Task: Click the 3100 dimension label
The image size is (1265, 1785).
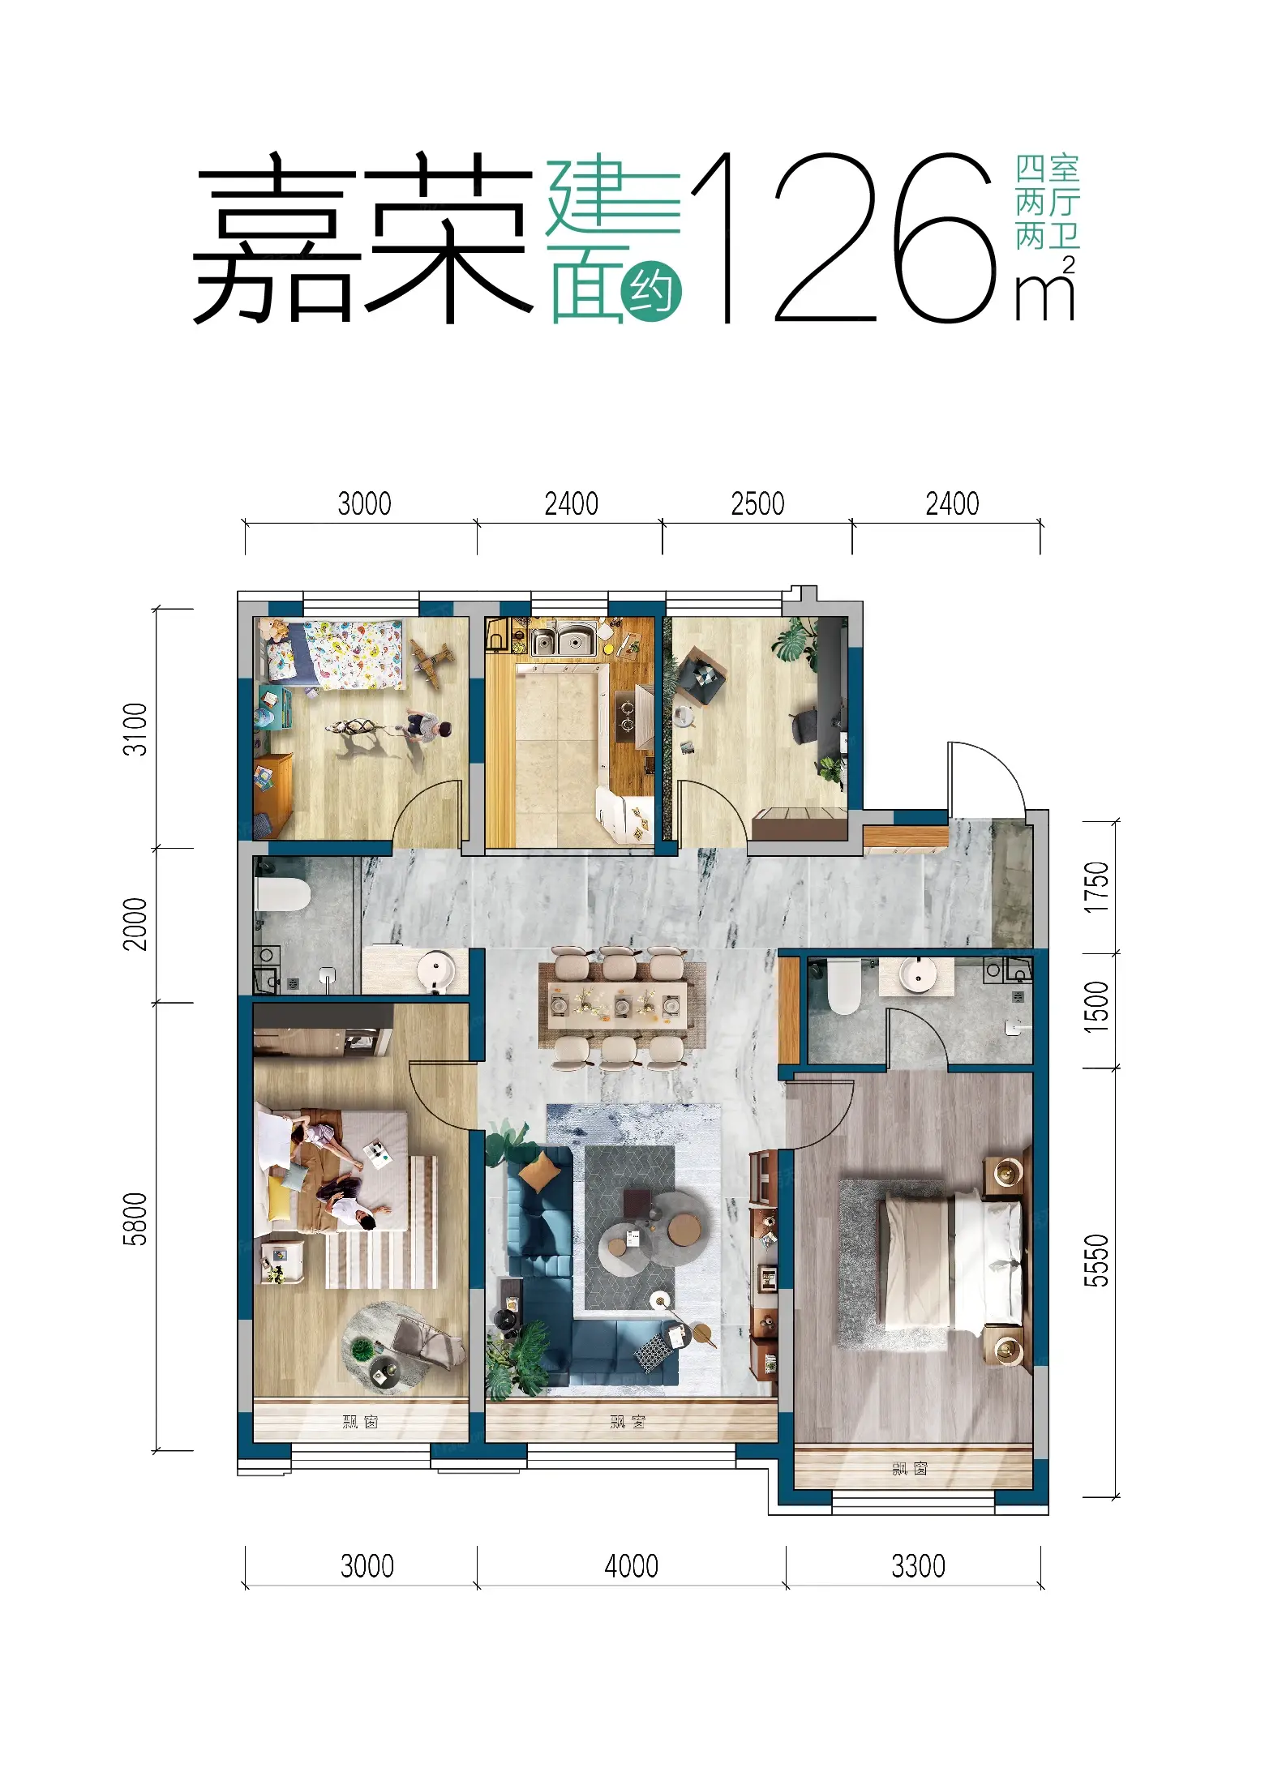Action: [135, 729]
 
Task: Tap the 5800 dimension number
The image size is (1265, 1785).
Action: [135, 1218]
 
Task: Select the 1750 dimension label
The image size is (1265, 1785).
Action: [1096, 887]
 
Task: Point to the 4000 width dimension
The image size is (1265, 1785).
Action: [631, 1565]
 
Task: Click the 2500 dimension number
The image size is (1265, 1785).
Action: [757, 503]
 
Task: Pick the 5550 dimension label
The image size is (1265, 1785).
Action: [1096, 1261]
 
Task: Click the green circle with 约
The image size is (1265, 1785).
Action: [651, 290]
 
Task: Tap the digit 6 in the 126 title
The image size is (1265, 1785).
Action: [946, 238]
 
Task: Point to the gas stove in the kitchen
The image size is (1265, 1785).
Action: [627, 717]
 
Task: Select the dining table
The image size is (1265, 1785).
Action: [622, 1005]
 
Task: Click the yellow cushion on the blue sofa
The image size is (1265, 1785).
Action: [539, 1171]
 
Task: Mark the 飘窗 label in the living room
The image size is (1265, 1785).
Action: [628, 1421]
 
